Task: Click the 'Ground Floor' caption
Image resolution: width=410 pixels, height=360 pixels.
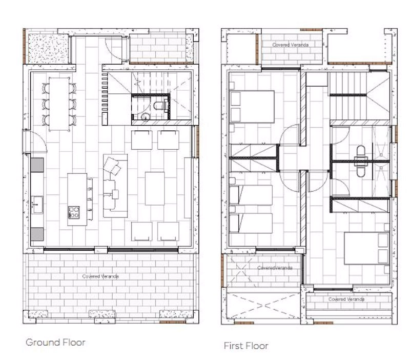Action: click(x=55, y=343)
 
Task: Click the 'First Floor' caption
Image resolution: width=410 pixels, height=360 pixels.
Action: click(x=246, y=346)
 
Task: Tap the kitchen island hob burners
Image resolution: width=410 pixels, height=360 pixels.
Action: click(x=74, y=212)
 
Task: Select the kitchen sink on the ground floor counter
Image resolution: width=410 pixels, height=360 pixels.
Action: click(x=37, y=205)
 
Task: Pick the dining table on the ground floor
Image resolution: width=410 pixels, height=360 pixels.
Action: click(x=59, y=104)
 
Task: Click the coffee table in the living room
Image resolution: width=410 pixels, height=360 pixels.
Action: click(x=155, y=188)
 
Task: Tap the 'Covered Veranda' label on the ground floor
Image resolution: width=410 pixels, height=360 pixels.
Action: click(x=100, y=276)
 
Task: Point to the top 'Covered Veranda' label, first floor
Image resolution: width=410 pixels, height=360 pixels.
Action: click(x=290, y=45)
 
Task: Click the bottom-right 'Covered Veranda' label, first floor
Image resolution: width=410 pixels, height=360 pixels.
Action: click(x=346, y=299)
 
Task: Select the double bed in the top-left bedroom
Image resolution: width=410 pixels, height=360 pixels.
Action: click(x=252, y=107)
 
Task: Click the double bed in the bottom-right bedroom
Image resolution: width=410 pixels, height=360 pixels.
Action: click(x=366, y=248)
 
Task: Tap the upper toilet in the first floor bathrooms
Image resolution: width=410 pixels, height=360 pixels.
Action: click(x=361, y=153)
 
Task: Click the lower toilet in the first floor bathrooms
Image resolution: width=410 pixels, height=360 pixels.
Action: click(x=361, y=170)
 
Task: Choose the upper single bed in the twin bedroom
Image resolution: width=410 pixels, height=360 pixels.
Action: click(x=251, y=195)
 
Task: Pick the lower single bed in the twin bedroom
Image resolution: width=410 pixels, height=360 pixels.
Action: click(x=251, y=223)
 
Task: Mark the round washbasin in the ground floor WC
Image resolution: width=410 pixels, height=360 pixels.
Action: click(x=145, y=116)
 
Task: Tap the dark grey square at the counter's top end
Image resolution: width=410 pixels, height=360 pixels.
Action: click(x=37, y=165)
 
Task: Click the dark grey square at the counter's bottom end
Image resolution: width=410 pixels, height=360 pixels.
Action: click(x=37, y=234)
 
